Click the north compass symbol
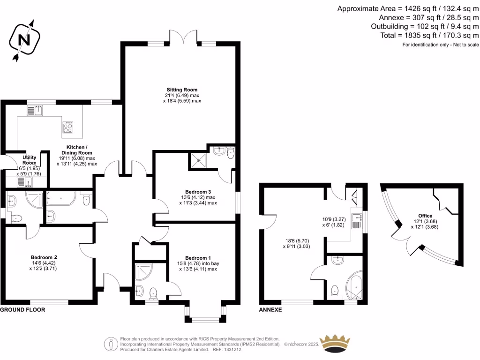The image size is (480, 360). [22, 40]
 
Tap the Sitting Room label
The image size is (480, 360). [182, 90]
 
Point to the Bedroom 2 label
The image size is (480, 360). [44, 257]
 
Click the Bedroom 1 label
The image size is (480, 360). [198, 258]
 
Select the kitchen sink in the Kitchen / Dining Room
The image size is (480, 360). [35, 111]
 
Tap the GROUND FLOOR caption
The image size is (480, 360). [22, 310]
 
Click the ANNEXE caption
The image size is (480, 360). [270, 310]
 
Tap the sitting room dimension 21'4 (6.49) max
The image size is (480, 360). [182, 95]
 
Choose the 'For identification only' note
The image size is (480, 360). [441, 45]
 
